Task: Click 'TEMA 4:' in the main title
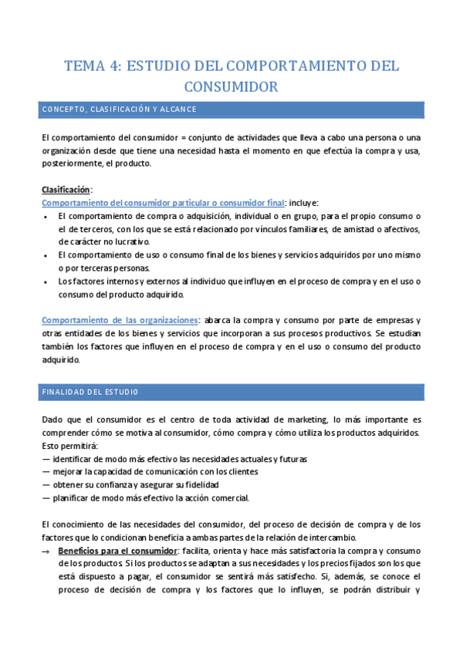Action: click(90, 66)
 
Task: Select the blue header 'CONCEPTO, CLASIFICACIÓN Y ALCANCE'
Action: click(119, 110)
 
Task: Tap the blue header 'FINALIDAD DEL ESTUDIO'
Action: click(90, 392)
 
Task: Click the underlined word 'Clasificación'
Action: click(66, 189)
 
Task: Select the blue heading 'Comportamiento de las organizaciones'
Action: click(120, 319)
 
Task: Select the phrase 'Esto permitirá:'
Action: click(67, 445)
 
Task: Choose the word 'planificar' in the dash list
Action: click(76, 497)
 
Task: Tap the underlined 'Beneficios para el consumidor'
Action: click(116, 551)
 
